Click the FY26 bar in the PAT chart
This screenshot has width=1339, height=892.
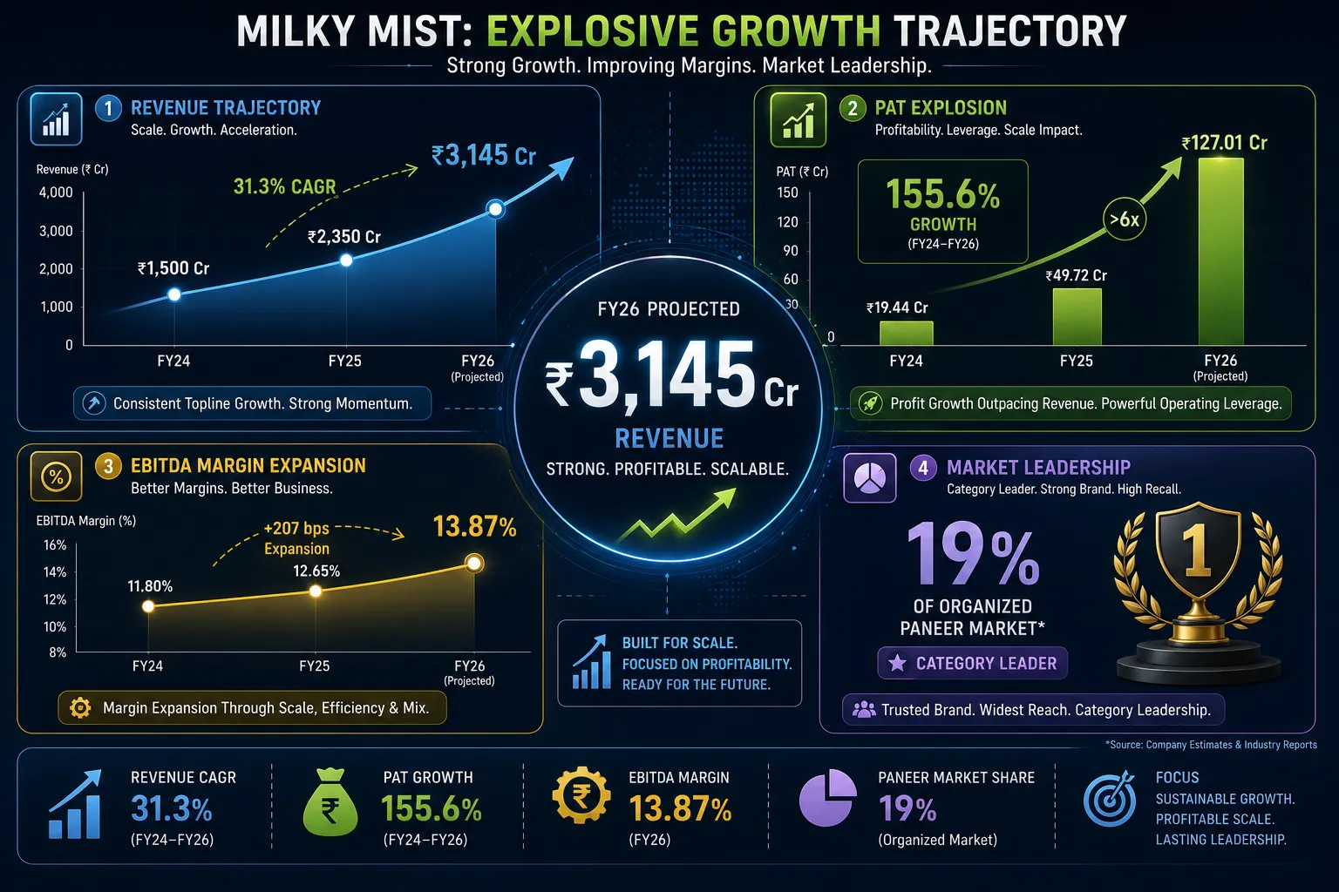1220,252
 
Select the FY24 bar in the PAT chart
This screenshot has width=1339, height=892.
907,334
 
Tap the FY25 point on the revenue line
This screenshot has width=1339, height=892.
346,260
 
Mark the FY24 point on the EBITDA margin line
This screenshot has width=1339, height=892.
148,606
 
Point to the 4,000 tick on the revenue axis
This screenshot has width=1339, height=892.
56,193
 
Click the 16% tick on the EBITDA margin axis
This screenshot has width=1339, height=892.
55,545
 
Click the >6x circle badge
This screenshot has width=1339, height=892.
1125,220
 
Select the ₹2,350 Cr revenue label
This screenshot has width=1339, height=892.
343,237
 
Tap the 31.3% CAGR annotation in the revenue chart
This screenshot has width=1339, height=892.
284,186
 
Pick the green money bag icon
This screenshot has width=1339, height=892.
330,801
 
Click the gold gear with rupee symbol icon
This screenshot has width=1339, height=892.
581,796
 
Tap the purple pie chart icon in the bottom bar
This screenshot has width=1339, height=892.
827,798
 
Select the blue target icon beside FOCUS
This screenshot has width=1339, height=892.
1111,798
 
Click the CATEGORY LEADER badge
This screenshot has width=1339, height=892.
973,663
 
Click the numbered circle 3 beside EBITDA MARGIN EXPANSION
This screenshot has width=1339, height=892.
108,466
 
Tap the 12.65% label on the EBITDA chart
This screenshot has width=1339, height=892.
316,571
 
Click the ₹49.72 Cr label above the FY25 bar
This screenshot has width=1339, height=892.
1076,275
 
